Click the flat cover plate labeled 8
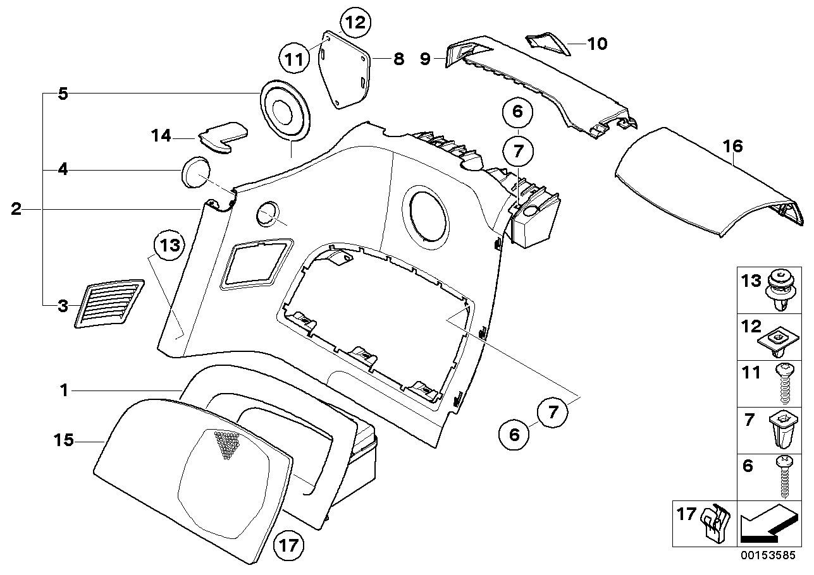pyautogui.click(x=345, y=70)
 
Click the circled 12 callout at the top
pyautogui.click(x=355, y=23)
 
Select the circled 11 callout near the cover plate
pyautogui.click(x=293, y=61)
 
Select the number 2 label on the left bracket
pyautogui.click(x=16, y=209)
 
